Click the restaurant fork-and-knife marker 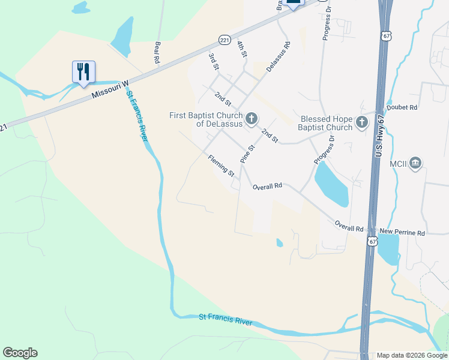click(x=83, y=71)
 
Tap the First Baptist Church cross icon click(x=252, y=118)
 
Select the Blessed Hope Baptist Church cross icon click(x=361, y=122)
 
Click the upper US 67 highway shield click(x=387, y=35)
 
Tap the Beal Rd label click(x=157, y=53)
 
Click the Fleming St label click(x=221, y=166)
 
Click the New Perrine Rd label click(x=402, y=232)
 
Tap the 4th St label click(x=242, y=49)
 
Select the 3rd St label click(x=213, y=61)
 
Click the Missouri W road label click(x=111, y=91)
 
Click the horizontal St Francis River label click(x=226, y=319)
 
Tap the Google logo click(x=20, y=353)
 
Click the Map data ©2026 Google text click(x=411, y=355)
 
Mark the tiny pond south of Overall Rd click(x=279, y=243)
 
